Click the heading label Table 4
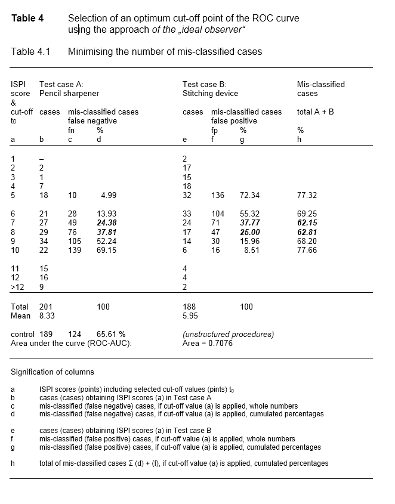click(27, 18)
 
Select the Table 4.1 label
click(30, 52)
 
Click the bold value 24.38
click(107, 223)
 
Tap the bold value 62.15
click(307, 223)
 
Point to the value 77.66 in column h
click(307, 251)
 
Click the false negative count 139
click(74, 251)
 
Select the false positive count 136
click(218, 196)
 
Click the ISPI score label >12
click(17, 287)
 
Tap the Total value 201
click(46, 307)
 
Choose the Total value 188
click(189, 307)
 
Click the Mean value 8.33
click(47, 316)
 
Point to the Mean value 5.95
click(190, 316)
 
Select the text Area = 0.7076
click(208, 344)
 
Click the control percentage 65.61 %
click(111, 335)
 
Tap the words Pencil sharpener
click(69, 94)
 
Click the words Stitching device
click(210, 94)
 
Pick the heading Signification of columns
click(53, 372)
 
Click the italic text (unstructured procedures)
click(228, 335)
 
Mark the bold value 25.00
click(249, 232)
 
